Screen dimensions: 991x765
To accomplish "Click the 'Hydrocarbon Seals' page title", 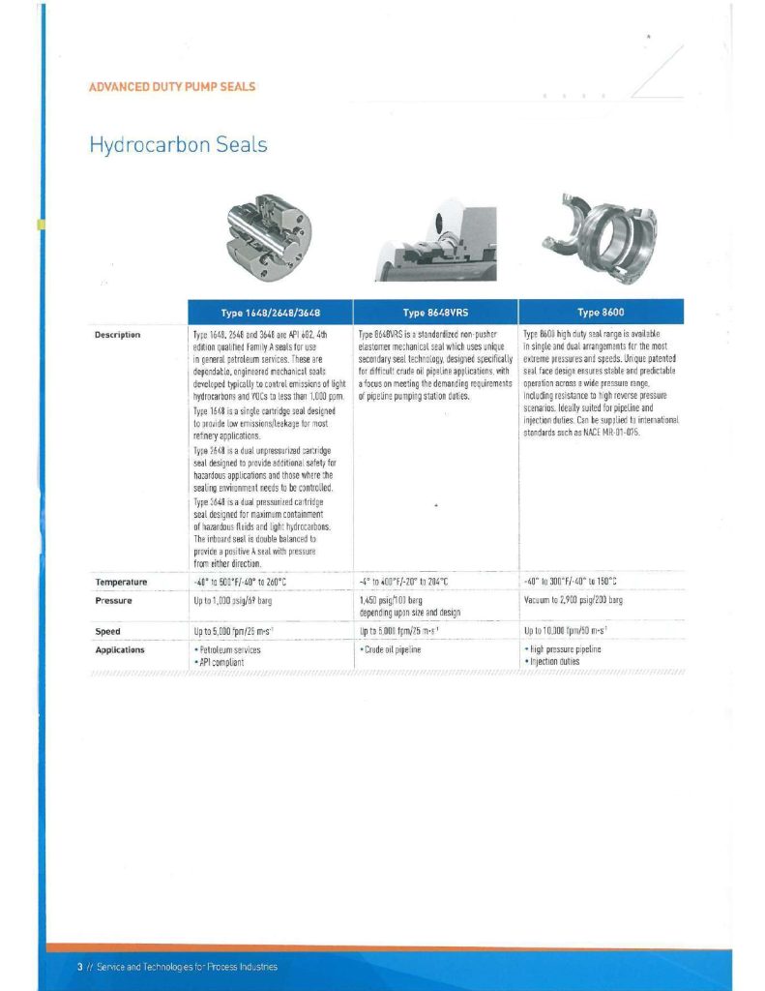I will point(178,145).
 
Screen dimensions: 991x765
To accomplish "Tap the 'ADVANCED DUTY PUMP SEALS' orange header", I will point(172,86).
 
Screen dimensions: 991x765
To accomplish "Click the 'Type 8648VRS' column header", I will point(435,312).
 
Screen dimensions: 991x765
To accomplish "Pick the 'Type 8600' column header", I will point(602,312).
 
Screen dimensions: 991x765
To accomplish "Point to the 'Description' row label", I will point(118,335).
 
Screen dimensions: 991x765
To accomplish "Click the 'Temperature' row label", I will point(121,582).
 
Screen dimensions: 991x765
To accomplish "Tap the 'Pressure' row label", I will point(113,600).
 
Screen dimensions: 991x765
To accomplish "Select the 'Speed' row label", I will point(107,631).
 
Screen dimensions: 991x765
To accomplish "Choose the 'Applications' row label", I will point(120,649).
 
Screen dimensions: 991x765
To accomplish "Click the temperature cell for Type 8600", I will point(570,582).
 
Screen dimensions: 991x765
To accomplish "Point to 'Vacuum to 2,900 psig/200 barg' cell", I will point(573,601).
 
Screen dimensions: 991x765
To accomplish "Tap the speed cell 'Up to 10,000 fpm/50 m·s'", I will point(570,631).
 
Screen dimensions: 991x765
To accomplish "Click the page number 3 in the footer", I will point(78,967).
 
